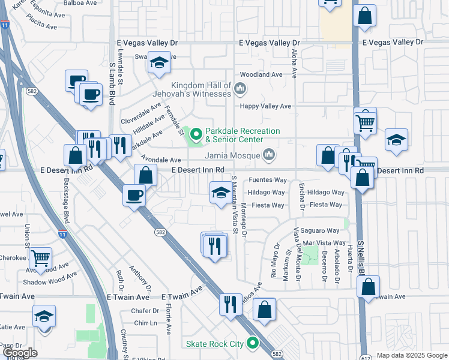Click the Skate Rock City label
tap(214, 344)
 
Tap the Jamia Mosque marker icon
tap(269, 155)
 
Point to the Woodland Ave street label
tap(261, 74)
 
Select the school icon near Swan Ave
tap(159, 63)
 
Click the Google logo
tap(19, 353)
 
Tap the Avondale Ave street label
tap(161, 160)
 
